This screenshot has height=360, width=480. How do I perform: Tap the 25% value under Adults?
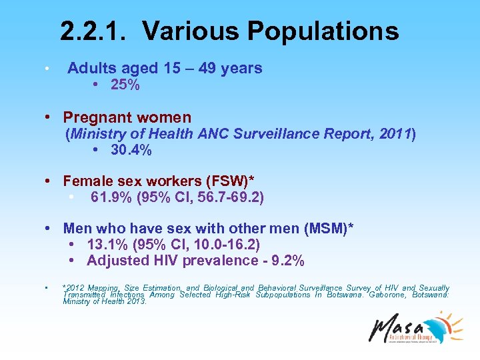click(125, 85)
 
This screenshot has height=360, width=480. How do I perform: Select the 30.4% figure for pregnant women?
click(131, 151)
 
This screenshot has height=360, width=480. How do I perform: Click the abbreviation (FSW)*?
click(239, 181)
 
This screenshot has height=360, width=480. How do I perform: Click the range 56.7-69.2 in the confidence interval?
click(225, 197)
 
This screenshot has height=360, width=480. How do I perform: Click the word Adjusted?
click(116, 260)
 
